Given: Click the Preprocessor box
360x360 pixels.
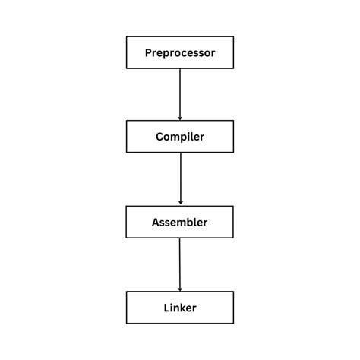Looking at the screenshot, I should (x=180, y=52).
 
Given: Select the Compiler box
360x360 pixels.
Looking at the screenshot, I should (x=180, y=137).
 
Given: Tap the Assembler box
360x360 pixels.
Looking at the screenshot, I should (x=180, y=222).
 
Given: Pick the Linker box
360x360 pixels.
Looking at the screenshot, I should (x=180, y=307).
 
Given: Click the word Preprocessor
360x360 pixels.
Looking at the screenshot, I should (x=180, y=53).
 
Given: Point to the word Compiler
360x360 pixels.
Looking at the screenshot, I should (x=180, y=137).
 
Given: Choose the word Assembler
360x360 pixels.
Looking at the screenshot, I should (x=180, y=223).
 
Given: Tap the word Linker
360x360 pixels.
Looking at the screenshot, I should (x=180, y=308).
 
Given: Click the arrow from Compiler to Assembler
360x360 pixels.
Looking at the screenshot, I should (x=180, y=178).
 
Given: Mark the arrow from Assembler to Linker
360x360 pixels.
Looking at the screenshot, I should (x=180, y=264).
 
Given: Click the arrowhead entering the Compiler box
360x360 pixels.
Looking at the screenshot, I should (x=180, y=118).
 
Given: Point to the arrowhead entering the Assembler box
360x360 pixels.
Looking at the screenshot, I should (x=180, y=202).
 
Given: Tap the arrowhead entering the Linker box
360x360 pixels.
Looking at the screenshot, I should (x=180, y=288).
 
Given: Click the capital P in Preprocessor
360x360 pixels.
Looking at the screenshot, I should (x=149, y=53).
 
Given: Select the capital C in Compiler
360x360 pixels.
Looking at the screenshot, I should (x=159, y=137).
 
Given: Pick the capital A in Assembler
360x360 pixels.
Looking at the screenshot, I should (x=156, y=223).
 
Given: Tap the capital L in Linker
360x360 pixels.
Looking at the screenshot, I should (x=166, y=307).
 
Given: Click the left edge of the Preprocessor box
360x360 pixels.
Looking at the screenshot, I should (x=126, y=52).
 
